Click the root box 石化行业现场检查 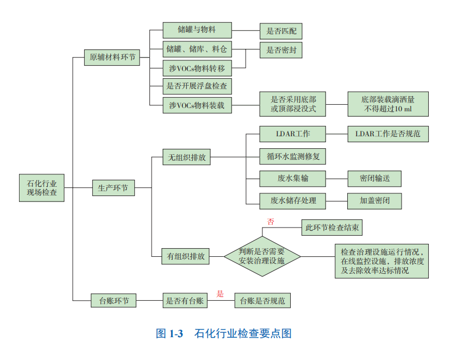click(42, 188)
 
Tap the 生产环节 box click(112, 188)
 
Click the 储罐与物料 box click(197, 30)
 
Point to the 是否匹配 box click(280, 31)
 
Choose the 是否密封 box click(280, 50)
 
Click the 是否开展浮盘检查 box click(197, 86)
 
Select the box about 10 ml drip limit click(388, 104)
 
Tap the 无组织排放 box click(186, 158)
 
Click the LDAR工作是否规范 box click(388, 134)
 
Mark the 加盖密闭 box click(374, 200)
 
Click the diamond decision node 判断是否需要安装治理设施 click(262, 256)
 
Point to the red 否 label click(270, 222)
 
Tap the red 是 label click(220, 294)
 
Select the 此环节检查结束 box click(331, 228)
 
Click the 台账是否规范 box click(262, 300)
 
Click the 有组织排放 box click(186, 256)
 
